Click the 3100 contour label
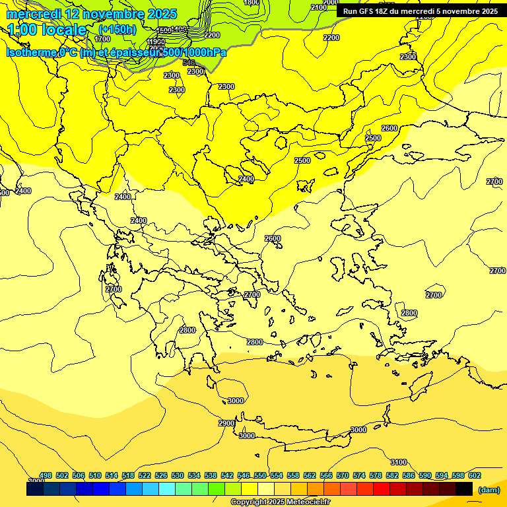(x=398, y=462)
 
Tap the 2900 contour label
(x=226, y=423)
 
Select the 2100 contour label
(x=318, y=7)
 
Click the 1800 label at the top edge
(x=252, y=3)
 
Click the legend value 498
(x=46, y=475)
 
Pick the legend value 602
(x=474, y=475)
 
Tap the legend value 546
(x=243, y=475)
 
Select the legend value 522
(x=145, y=475)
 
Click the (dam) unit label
(x=488, y=489)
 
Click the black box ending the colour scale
(x=464, y=489)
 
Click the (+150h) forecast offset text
(x=118, y=30)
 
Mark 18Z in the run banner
(x=384, y=11)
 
